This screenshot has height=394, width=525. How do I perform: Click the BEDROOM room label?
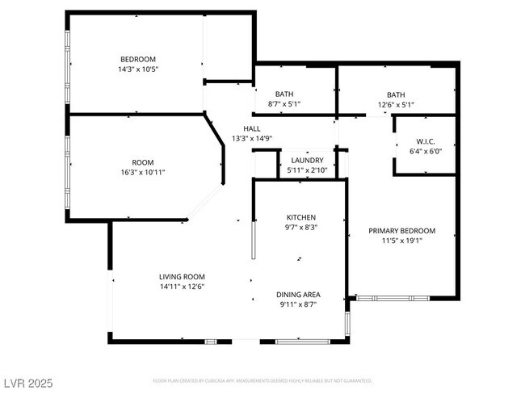[138, 59]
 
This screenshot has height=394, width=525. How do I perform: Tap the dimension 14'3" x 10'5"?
[138, 69]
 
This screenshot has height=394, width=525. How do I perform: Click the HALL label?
[252, 128]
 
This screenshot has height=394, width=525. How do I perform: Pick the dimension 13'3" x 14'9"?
[252, 139]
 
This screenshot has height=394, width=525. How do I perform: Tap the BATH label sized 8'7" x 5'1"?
[283, 94]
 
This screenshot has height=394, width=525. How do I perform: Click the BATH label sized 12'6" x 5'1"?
[395, 94]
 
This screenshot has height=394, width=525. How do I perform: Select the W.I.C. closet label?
[426, 140]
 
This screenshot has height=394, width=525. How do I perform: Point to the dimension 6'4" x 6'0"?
[426, 151]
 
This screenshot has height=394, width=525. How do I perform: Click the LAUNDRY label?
[307, 160]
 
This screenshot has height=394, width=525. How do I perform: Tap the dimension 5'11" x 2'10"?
[307, 170]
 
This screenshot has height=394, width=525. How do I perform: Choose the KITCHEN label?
[301, 217]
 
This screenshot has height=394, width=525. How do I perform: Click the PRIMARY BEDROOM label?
[401, 230]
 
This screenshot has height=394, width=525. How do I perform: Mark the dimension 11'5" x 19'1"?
[401, 241]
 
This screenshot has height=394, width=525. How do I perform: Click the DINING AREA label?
[298, 295]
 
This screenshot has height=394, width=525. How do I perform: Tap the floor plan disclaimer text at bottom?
[262, 380]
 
